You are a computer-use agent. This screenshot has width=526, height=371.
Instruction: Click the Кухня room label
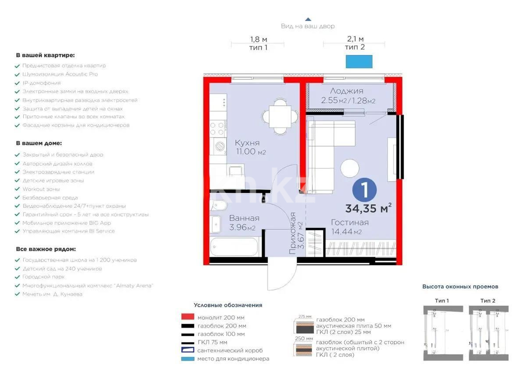(247, 143)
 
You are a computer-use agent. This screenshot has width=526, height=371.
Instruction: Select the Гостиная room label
(349, 222)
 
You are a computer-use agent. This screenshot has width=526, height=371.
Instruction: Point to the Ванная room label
(244, 218)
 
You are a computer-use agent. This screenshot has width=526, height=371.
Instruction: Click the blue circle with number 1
(365, 190)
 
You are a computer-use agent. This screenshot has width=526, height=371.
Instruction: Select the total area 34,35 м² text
(368, 208)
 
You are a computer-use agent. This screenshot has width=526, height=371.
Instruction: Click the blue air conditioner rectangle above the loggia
(359, 61)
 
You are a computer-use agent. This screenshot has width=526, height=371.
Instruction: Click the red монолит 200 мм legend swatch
(188, 317)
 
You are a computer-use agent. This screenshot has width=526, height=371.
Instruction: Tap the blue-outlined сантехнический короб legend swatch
(188, 350)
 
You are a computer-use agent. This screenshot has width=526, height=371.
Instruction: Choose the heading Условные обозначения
(228, 305)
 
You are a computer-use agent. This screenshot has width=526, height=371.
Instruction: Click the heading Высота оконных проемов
(460, 287)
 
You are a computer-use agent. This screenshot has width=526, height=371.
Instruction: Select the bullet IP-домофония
(42, 83)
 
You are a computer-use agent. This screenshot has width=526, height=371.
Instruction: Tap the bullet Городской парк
(43, 277)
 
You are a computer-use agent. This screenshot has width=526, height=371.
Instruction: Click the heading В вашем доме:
(39, 143)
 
